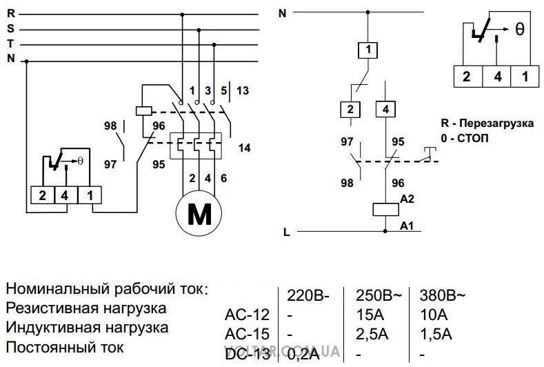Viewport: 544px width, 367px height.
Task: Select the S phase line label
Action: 10,29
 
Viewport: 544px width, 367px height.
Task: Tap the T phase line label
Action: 10,43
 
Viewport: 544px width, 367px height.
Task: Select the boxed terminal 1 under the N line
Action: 369,50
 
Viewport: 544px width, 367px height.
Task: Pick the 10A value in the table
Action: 432,314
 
